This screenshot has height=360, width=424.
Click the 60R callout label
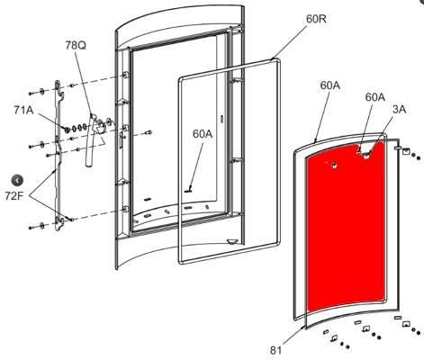(x=316, y=19)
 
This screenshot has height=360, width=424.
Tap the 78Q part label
(x=76, y=45)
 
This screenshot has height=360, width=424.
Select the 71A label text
(x=23, y=110)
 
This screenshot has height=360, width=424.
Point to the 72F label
(x=14, y=195)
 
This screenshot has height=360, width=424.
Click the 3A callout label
(x=400, y=110)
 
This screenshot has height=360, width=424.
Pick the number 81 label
(x=276, y=350)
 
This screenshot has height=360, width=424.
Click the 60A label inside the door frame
(x=203, y=134)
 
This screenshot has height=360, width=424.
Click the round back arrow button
(x=17, y=180)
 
